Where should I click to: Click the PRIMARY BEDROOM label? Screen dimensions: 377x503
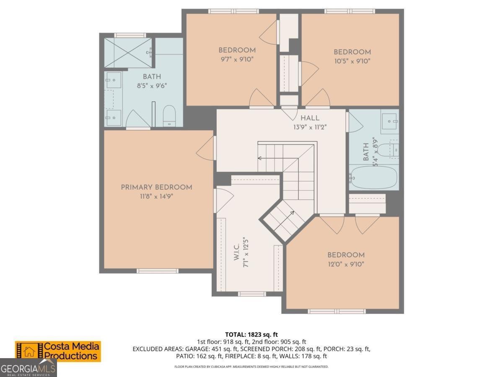(x=156, y=187)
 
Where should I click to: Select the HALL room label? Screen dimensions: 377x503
(x=310, y=119)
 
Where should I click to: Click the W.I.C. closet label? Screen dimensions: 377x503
(x=236, y=253)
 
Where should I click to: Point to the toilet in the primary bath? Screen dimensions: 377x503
(x=169, y=116)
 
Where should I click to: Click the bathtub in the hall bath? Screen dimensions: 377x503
(x=373, y=178)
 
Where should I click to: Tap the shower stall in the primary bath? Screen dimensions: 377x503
(x=127, y=53)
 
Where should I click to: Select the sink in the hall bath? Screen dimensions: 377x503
(x=390, y=121)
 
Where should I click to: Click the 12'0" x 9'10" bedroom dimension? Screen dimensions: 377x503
(x=346, y=264)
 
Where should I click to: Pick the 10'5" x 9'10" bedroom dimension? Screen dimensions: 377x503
(x=352, y=61)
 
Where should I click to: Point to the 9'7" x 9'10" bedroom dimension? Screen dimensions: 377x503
(x=237, y=59)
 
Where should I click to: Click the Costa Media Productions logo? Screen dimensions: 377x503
(x=58, y=351)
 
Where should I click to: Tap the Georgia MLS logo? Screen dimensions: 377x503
(x=28, y=369)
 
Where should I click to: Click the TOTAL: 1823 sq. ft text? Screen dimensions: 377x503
(x=251, y=334)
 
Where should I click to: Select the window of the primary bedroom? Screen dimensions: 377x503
(x=155, y=271)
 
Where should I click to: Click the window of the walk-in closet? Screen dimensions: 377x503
(x=252, y=294)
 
